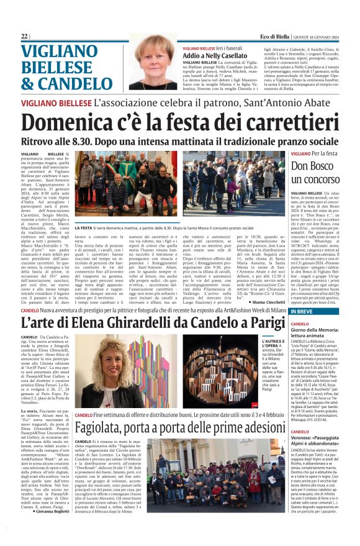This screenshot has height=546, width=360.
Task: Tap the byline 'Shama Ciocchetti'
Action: [261, 301]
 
